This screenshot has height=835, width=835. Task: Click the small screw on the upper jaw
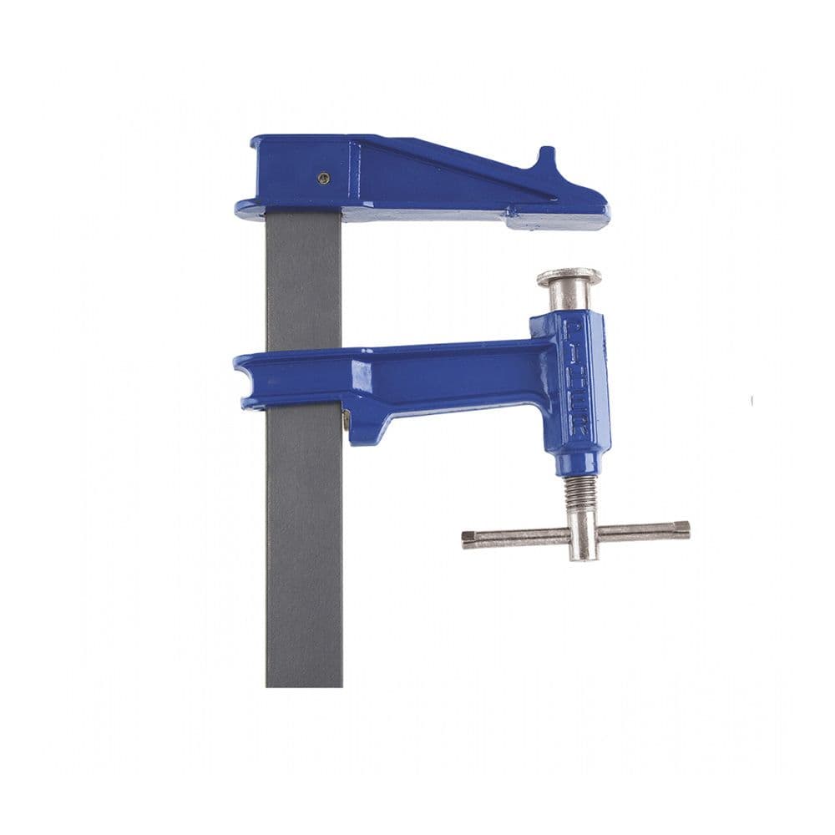coord(324,177)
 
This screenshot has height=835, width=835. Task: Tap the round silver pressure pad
coord(569,276)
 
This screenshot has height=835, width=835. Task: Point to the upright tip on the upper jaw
coord(545,156)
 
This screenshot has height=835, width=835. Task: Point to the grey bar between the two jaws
coord(304,284)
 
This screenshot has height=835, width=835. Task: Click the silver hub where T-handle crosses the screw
coord(582,534)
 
